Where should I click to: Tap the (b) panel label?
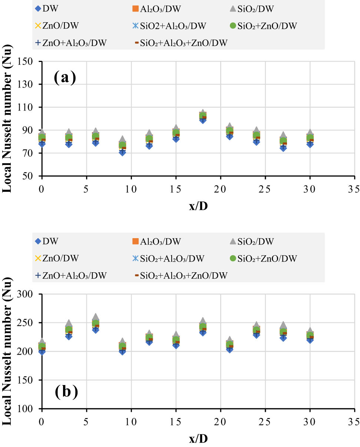[x=65, y=392]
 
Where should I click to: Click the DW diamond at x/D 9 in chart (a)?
[x=122, y=152]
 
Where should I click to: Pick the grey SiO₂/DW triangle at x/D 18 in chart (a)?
[x=203, y=112]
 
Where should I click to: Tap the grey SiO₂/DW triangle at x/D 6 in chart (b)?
[x=96, y=317]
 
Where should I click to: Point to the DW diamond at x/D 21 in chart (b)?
[x=229, y=349]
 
